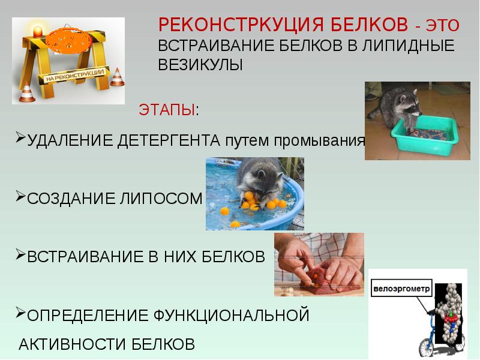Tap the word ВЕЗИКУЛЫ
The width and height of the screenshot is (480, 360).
pyautogui.click(x=200, y=65)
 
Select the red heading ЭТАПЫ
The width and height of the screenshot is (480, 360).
pyautogui.click(x=167, y=110)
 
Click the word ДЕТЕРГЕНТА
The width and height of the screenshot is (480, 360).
pyautogui.click(x=169, y=140)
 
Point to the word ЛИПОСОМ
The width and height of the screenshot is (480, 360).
pyautogui.click(x=161, y=199)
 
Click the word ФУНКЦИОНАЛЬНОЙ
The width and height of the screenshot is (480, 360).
pyautogui.click(x=231, y=316)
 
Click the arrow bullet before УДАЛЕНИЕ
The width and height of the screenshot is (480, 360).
pyautogui.click(x=20, y=137)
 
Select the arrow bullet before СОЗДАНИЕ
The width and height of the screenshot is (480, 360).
pyautogui.click(x=20, y=196)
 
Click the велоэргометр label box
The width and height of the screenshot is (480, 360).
pyautogui.click(x=401, y=288)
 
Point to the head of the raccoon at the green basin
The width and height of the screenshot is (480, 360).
pyautogui.click(x=408, y=103)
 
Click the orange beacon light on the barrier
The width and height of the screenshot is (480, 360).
pyautogui.click(x=37, y=31)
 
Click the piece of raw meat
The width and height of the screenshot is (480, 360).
pyautogui.click(x=322, y=281)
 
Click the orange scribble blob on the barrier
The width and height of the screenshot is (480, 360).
pyautogui.click(x=68, y=40)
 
